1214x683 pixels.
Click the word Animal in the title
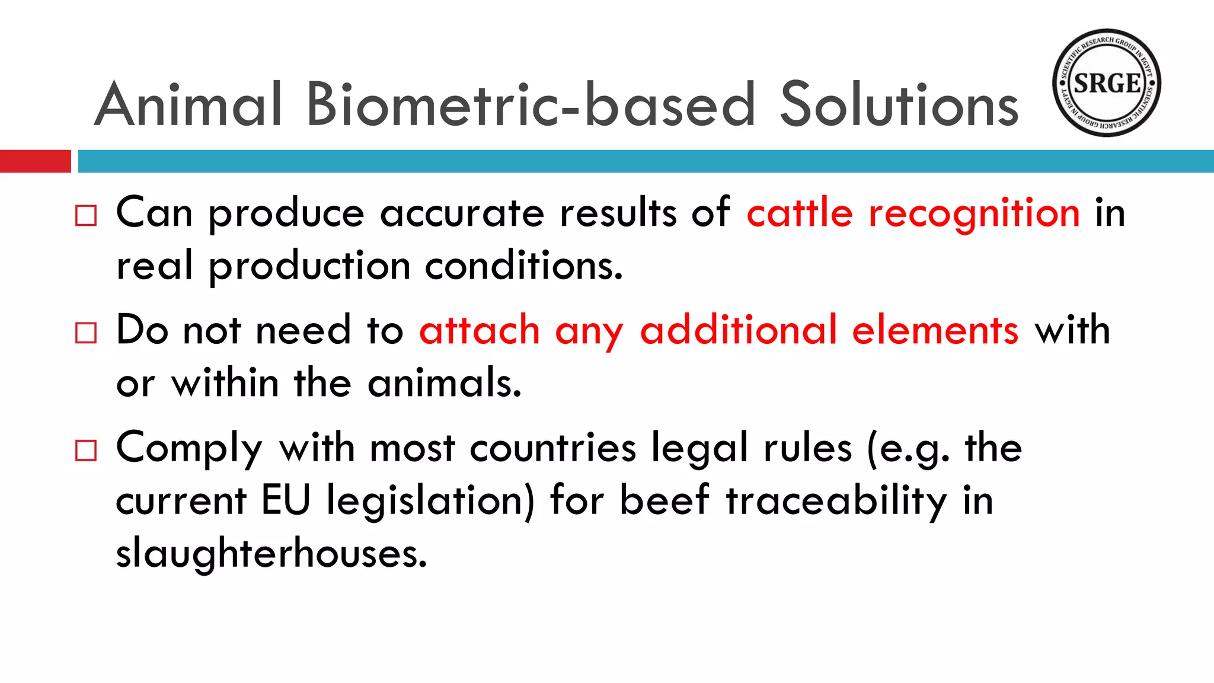point(188,105)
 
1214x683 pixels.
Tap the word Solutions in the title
point(899,105)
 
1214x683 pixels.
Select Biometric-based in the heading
point(531,105)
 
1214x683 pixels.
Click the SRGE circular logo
point(1106,83)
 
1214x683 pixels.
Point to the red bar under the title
point(35,161)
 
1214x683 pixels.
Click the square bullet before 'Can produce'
point(86,216)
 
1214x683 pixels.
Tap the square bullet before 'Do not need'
point(86,333)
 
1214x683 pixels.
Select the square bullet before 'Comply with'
point(86,451)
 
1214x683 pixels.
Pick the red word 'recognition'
point(974,213)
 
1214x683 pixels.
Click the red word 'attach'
point(480,330)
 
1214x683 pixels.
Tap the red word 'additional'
point(739,330)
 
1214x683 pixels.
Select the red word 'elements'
point(935,330)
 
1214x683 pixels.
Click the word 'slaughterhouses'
point(271,553)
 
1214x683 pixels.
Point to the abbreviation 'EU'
point(286,500)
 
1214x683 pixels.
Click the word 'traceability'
point(836,501)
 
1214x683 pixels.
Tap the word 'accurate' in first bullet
point(462,213)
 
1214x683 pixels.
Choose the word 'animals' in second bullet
point(444,383)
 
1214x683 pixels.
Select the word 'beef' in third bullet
point(664,500)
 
